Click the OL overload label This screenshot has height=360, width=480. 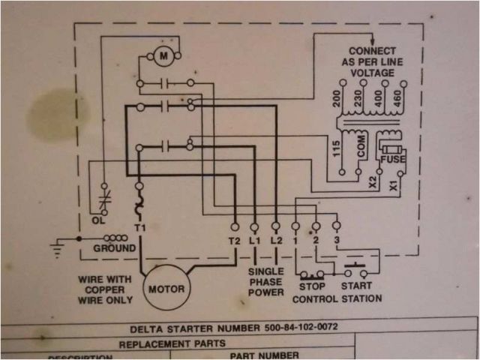pyautogui.click(x=98, y=220)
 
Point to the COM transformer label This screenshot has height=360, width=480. pyautogui.click(x=361, y=148)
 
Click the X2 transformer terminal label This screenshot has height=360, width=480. pyautogui.click(x=373, y=183)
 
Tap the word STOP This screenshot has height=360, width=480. pyautogui.click(x=311, y=286)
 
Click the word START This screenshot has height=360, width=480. pyautogui.click(x=356, y=286)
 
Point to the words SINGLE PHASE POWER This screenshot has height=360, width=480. pyautogui.click(x=265, y=281)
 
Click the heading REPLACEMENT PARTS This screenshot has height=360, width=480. pyautogui.click(x=172, y=343)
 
